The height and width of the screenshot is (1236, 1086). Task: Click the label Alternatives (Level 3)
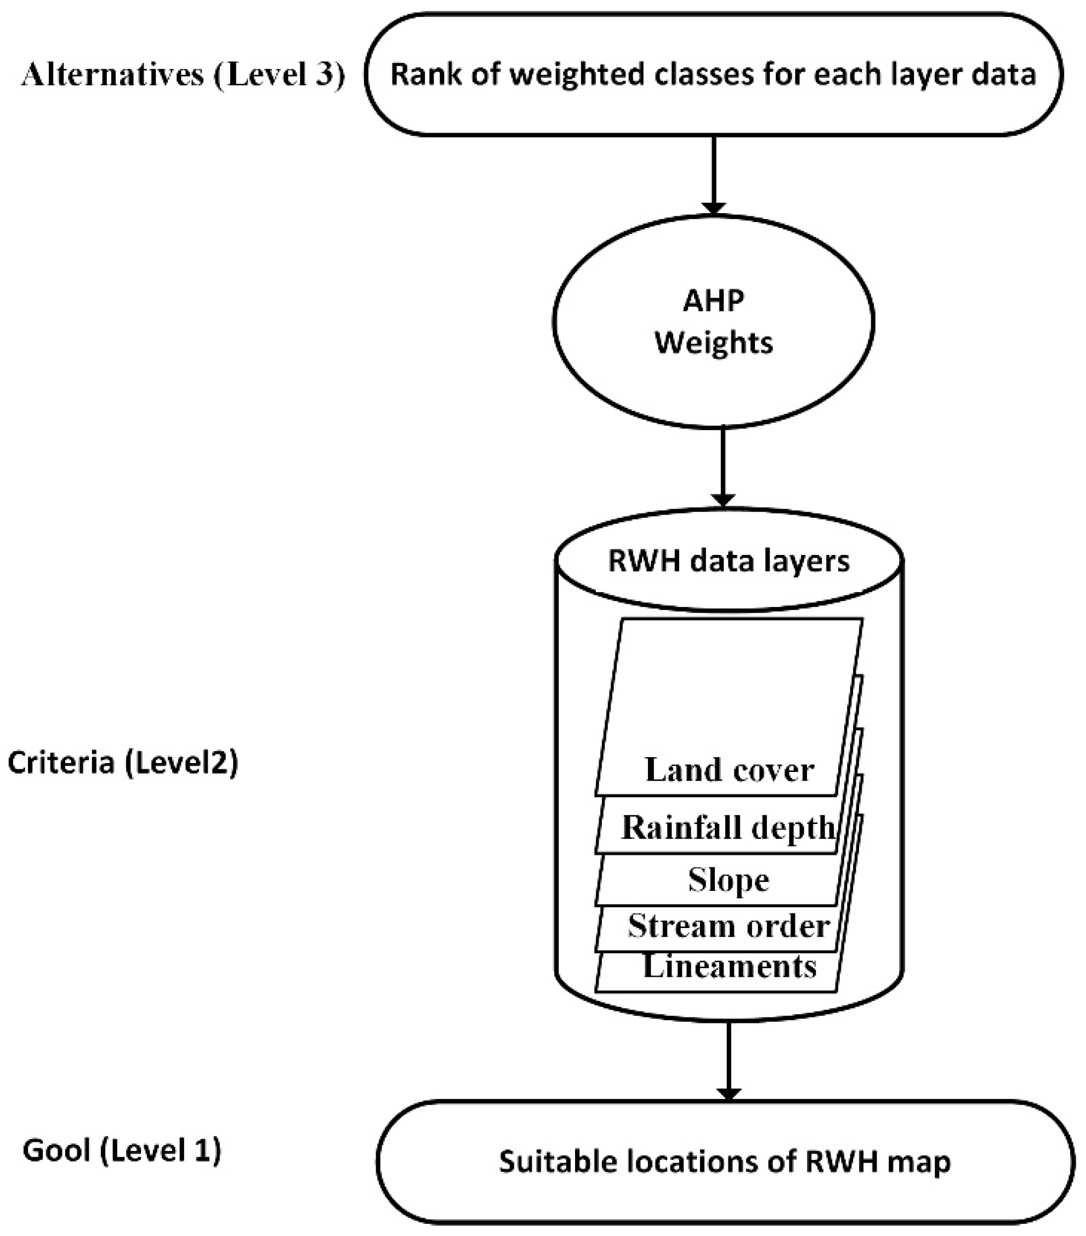pyautogui.click(x=183, y=75)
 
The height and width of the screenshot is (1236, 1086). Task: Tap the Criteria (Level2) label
pyautogui.click(x=123, y=763)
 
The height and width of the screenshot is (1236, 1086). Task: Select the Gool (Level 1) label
pyautogui.click(x=122, y=1150)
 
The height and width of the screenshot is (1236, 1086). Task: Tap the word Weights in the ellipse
pyautogui.click(x=713, y=343)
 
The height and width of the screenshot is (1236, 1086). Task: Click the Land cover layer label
pyautogui.click(x=729, y=770)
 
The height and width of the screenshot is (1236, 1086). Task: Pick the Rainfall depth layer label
pyautogui.click(x=728, y=827)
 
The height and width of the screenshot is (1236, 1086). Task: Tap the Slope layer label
pyautogui.click(x=729, y=879)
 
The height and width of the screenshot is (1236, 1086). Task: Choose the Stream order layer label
pyautogui.click(x=729, y=926)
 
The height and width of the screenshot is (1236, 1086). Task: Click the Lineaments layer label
pyautogui.click(x=729, y=966)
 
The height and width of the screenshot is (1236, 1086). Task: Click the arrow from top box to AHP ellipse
pyautogui.click(x=713, y=175)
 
